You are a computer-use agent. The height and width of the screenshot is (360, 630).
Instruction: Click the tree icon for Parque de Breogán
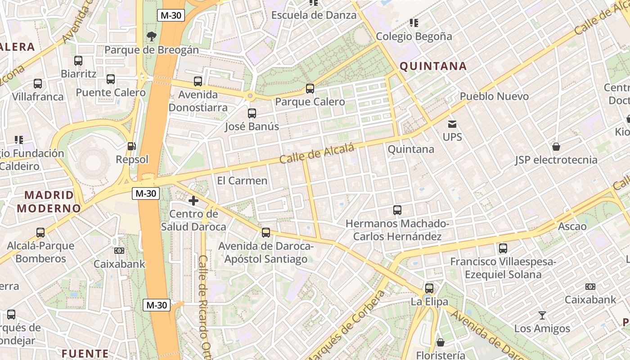[151, 36]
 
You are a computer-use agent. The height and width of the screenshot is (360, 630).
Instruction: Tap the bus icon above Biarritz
[78, 61]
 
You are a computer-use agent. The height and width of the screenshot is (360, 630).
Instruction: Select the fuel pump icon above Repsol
[131, 146]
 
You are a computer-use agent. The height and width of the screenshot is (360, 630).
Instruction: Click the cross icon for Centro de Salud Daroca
[193, 201]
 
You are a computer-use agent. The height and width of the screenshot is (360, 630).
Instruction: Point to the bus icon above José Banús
[252, 113]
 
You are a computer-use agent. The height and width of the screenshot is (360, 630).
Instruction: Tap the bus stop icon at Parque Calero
[310, 89]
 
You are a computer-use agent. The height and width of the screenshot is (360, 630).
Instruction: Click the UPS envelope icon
[452, 124]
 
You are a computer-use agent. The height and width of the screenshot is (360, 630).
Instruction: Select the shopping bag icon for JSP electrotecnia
[556, 147]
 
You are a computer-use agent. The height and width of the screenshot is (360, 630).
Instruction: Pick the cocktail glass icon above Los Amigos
[542, 315]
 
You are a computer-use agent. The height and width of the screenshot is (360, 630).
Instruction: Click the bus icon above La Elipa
[429, 288]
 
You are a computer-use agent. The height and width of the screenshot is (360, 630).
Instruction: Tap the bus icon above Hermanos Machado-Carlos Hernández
[397, 210]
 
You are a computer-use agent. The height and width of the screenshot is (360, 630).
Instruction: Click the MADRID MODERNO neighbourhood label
[49, 202]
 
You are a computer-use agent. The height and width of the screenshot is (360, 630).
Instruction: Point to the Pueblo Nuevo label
[494, 96]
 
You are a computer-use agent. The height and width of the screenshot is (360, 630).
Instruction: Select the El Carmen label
[242, 181]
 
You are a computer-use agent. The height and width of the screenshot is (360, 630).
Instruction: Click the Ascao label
[572, 226]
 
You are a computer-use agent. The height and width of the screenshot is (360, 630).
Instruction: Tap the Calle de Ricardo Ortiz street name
[205, 306]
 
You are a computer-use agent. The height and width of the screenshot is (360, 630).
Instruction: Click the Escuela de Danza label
[314, 15]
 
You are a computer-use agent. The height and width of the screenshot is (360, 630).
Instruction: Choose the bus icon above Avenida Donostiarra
[198, 81]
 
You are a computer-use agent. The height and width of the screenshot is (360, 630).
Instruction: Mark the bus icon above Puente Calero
[111, 79]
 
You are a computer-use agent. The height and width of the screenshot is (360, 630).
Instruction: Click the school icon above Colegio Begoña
[414, 23]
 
